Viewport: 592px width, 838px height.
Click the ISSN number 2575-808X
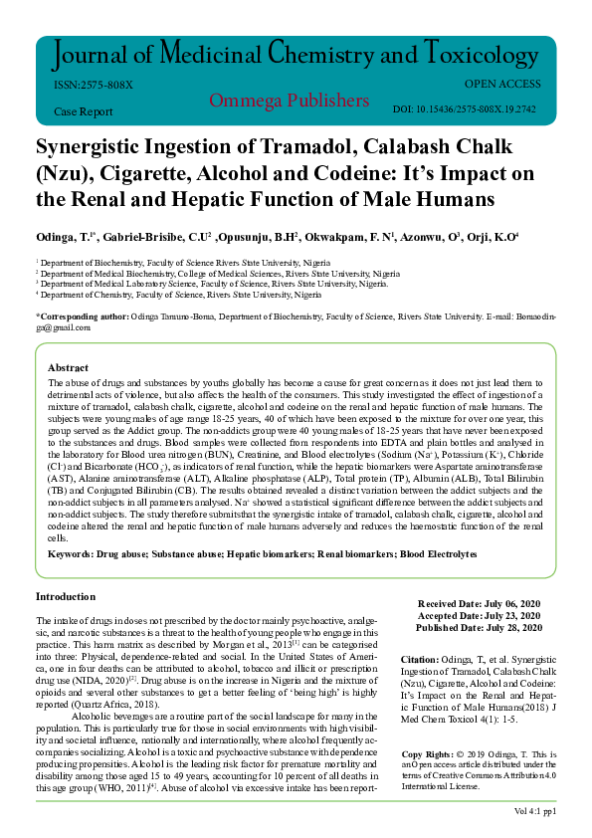pyautogui.click(x=93, y=86)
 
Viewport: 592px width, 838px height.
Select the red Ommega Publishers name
pyautogui.click(x=289, y=101)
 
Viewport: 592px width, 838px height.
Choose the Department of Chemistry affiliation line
pyautogui.click(x=179, y=296)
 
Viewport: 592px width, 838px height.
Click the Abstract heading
pyautogui.click(x=68, y=367)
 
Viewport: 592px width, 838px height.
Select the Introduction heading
pyautogui.click(x=66, y=596)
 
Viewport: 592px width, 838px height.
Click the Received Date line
pyautogui.click(x=479, y=604)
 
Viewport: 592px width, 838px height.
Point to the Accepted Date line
pyautogui.click(x=479, y=616)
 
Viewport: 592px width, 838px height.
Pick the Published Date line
pyautogui.click(x=479, y=628)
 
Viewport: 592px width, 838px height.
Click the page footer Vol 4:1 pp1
pyautogui.click(x=534, y=812)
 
